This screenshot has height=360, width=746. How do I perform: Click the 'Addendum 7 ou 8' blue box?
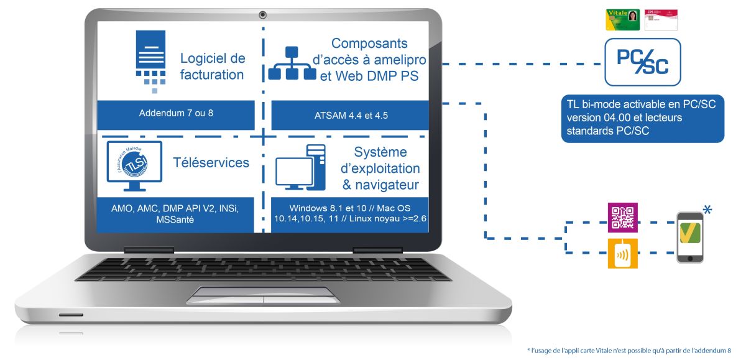pyautogui.click(x=176, y=116)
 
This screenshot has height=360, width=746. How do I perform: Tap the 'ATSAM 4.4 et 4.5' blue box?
pyautogui.click(x=351, y=116)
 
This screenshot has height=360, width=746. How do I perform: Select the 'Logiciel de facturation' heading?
pyautogui.click(x=213, y=67)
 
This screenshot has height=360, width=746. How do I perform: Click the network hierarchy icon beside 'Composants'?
pyautogui.click(x=292, y=64)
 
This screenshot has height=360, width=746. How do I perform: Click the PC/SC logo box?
pyautogui.click(x=642, y=62)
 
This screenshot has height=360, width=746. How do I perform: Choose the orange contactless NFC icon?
pyautogui.click(x=622, y=253)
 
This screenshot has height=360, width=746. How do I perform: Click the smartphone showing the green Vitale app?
pyautogui.click(x=690, y=238)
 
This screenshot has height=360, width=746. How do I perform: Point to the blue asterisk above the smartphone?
pyautogui.click(x=707, y=208)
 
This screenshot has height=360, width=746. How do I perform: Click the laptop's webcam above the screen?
pyautogui.click(x=263, y=14)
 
